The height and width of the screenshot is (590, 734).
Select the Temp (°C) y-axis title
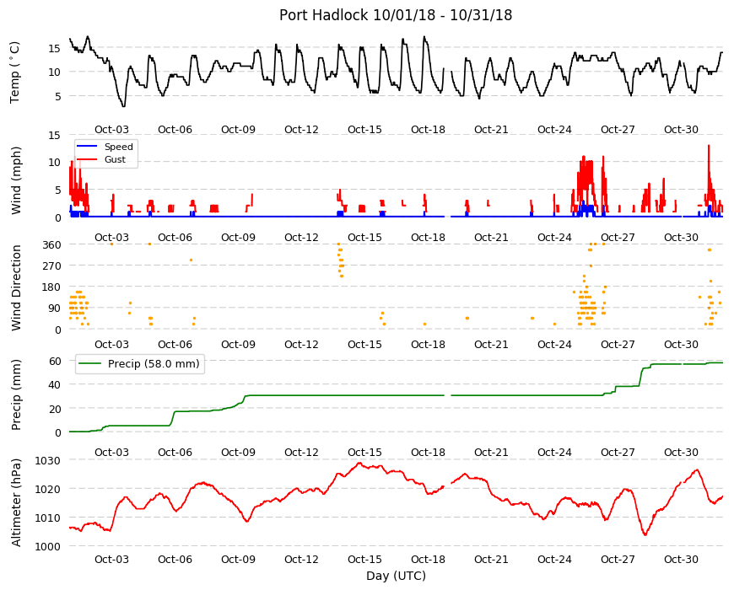tap(15, 72)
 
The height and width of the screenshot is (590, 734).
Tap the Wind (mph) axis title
tap(16, 180)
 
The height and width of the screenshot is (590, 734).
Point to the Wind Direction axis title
tap(16, 287)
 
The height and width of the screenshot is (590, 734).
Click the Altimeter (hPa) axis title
tap(16, 502)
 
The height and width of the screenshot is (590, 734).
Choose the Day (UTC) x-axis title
tap(396, 576)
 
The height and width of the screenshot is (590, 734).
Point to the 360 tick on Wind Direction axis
tap(51, 244)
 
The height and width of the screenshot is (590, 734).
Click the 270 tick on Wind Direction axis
tap(51, 265)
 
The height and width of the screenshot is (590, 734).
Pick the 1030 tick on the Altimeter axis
tap(48, 460)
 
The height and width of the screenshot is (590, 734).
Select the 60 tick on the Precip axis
tap(55, 361)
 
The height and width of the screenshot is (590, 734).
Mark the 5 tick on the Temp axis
tap(58, 96)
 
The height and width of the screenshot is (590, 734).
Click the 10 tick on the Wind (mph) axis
tap(55, 162)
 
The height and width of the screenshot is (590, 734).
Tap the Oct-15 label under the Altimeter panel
tap(364, 559)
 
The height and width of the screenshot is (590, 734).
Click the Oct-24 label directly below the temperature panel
tap(554, 130)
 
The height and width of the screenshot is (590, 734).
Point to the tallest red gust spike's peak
tap(709, 146)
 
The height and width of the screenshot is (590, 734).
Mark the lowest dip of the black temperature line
tap(123, 106)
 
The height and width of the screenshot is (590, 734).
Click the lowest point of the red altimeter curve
tap(645, 535)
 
